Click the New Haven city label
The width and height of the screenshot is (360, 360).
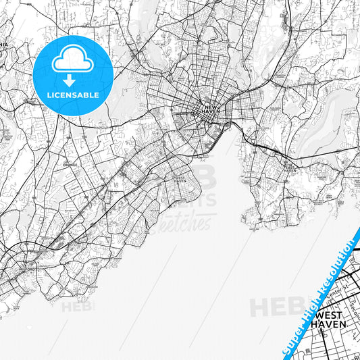(x=211, y=109)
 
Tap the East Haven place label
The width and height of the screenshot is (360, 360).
(x=290, y=169)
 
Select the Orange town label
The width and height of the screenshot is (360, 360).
(x=71, y=164)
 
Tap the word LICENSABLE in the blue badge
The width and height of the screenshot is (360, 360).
(x=72, y=95)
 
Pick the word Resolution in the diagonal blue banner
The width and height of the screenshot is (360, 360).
(x=340, y=259)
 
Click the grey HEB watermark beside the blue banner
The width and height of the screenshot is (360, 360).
(x=273, y=307)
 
